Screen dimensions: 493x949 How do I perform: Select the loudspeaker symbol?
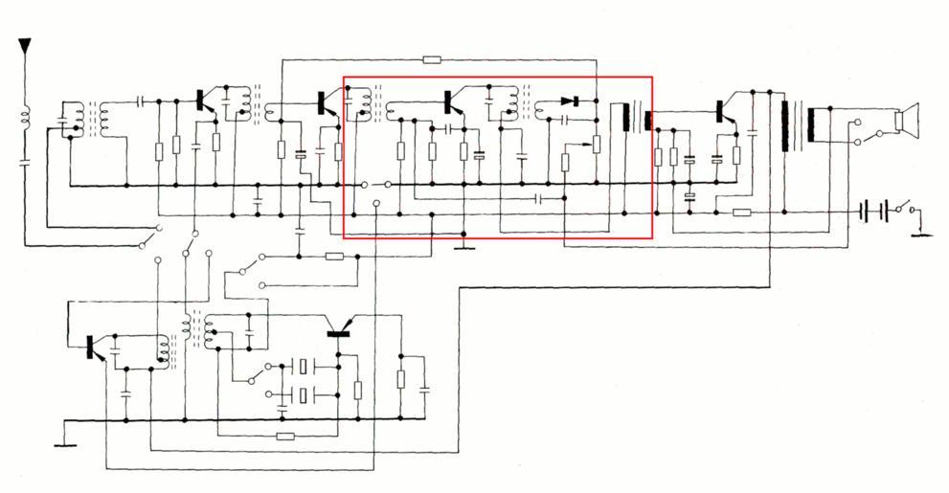click(906, 120)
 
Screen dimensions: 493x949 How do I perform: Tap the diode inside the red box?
click(571, 101)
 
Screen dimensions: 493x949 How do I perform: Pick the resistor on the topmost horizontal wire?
click(432, 59)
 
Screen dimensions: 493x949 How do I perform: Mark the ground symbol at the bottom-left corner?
click(64, 442)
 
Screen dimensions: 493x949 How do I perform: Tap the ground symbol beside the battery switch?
click(920, 231)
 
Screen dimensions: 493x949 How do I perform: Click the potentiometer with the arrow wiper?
click(595, 144)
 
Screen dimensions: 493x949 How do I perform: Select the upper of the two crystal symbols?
click(304, 366)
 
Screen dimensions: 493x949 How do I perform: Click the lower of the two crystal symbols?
click(304, 394)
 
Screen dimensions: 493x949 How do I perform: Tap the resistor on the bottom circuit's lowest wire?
click(284, 437)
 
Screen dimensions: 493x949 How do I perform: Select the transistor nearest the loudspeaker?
click(720, 113)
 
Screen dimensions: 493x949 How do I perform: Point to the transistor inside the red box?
click(449, 101)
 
